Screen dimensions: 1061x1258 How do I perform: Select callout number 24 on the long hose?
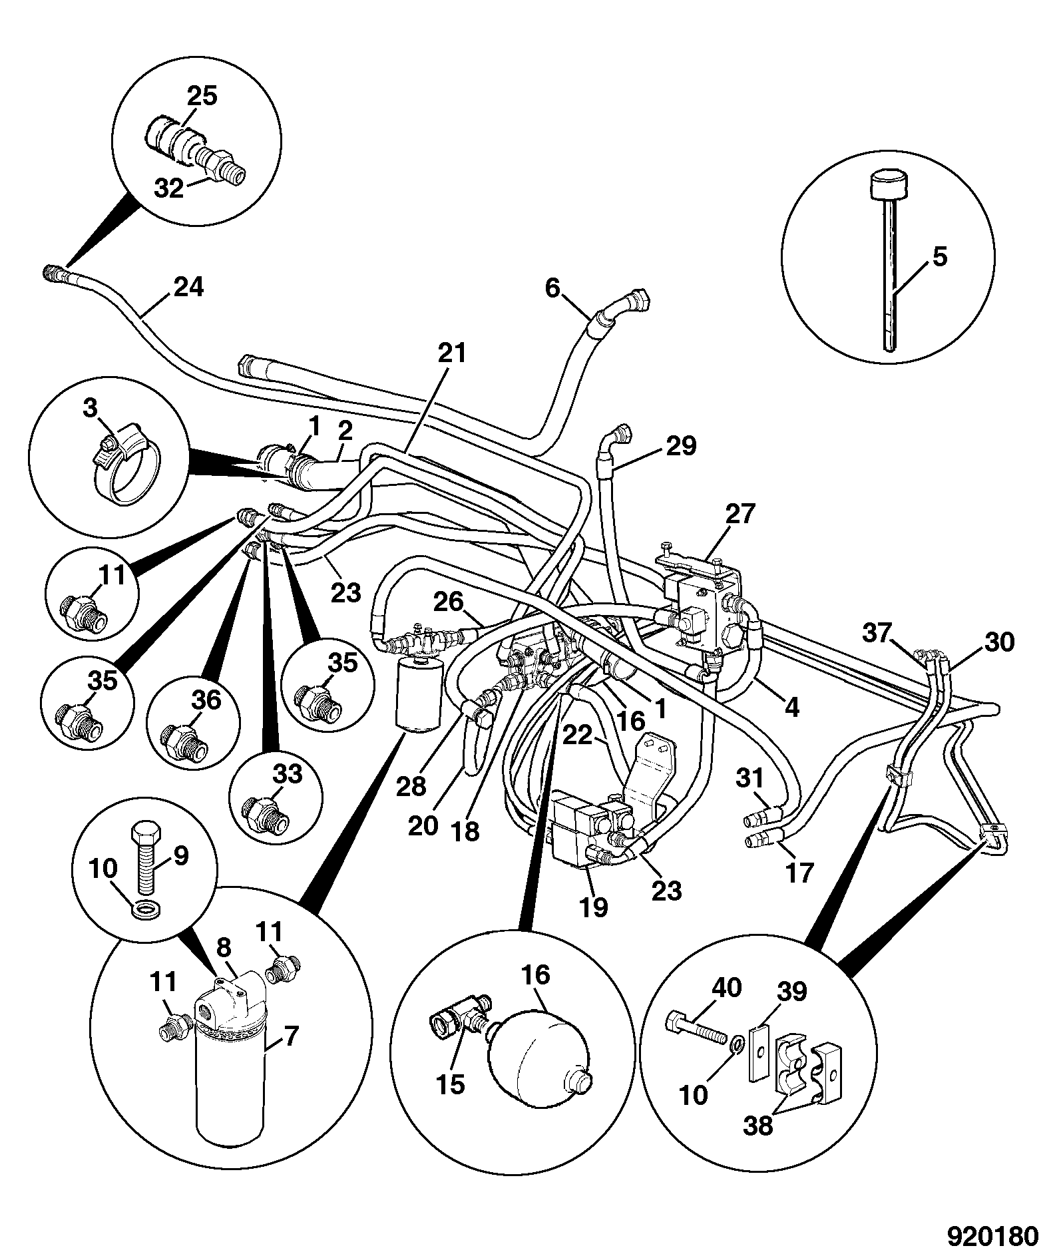pyautogui.click(x=188, y=288)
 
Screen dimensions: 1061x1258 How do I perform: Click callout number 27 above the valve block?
pyautogui.click(x=741, y=515)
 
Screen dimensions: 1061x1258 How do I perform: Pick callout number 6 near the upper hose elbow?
pyautogui.click(x=553, y=288)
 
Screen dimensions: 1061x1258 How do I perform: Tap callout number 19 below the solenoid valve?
pyautogui.click(x=594, y=907)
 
